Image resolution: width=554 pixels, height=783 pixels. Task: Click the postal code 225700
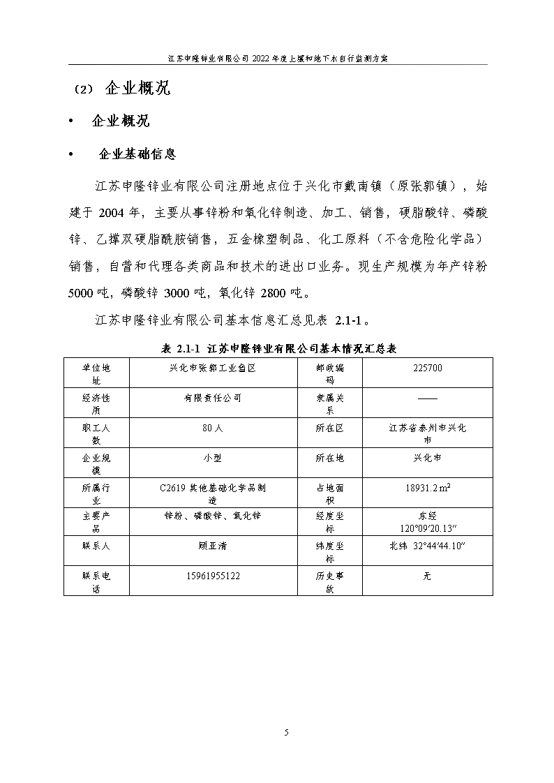427,368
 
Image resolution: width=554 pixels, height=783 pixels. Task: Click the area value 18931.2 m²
427,488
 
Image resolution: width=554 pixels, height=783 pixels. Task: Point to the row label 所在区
329,428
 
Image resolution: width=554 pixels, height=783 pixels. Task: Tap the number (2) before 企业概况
82,90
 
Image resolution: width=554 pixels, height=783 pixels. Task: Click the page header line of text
278,59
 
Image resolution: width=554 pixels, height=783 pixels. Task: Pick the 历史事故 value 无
427,576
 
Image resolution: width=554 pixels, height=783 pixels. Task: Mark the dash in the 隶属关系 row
427,398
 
